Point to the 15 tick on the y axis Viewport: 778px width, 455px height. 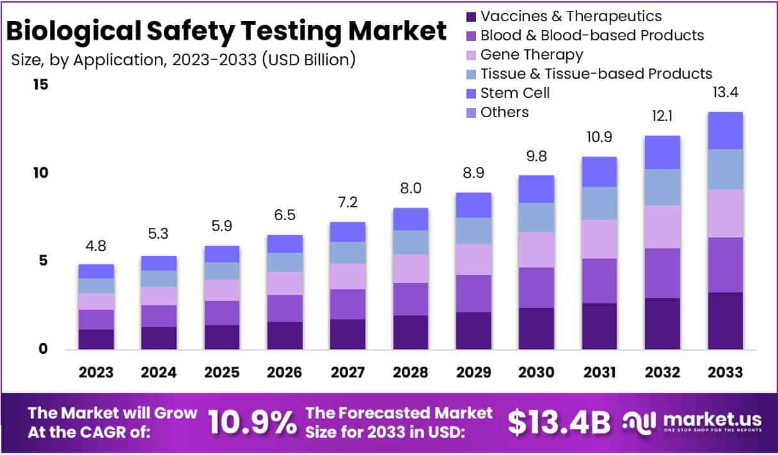[40, 84]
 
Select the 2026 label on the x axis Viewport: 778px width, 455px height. [285, 372]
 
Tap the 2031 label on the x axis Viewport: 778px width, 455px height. [599, 372]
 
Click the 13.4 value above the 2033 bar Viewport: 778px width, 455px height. [725, 93]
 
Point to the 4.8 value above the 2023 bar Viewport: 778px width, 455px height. [96, 246]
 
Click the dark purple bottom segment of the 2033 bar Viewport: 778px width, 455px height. [725, 321]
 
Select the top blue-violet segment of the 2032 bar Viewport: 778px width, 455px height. [662, 152]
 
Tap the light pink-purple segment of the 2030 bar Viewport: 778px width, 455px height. [536, 250]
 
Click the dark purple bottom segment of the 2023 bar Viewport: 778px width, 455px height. [96, 339]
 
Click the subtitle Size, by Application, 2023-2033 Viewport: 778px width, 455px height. [183, 60]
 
